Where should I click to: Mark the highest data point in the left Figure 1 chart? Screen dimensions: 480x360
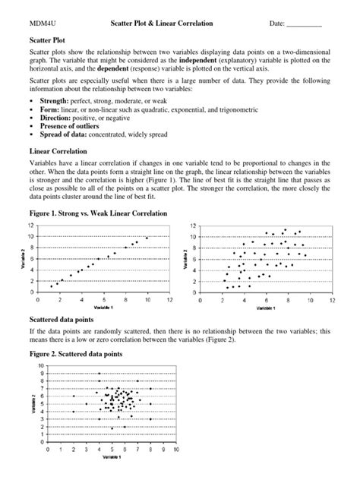pos(147,238)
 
